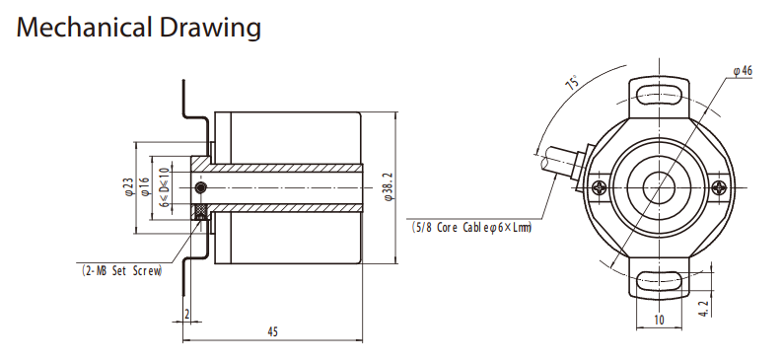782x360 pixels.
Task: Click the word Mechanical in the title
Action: tap(84, 28)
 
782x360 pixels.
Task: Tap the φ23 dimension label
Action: tap(129, 186)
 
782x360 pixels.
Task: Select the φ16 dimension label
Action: tap(145, 186)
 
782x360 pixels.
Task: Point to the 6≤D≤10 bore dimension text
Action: tap(165, 187)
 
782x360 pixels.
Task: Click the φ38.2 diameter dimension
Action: tap(390, 187)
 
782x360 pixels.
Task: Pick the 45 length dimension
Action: tap(272, 331)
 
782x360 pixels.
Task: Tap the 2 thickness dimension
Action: tap(187, 315)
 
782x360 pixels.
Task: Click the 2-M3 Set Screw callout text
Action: tap(122, 271)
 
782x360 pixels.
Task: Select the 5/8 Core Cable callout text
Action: tap(471, 228)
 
